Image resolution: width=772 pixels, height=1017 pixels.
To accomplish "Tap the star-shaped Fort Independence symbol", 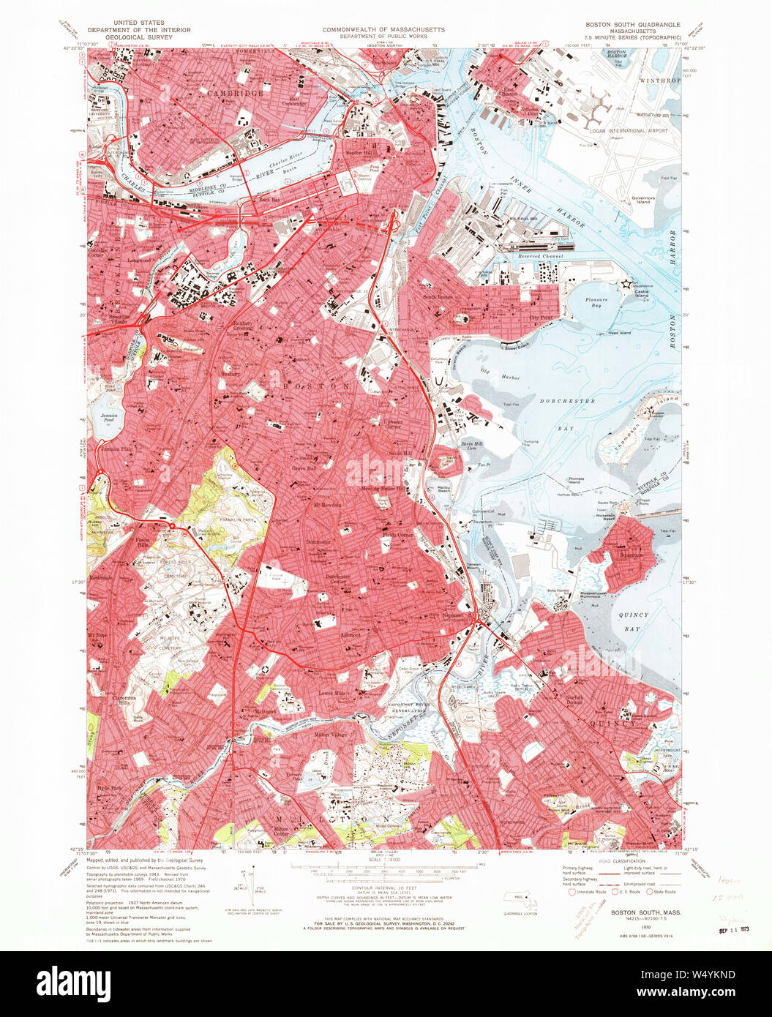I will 626,283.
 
